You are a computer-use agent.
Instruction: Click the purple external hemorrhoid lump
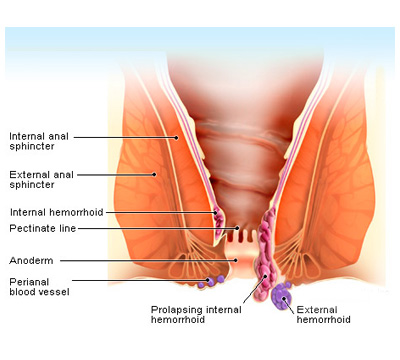click(x=282, y=293)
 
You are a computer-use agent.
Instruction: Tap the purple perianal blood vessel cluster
click(x=212, y=279)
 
